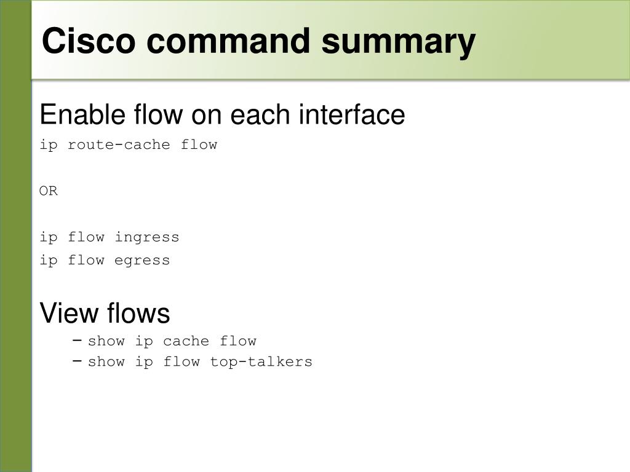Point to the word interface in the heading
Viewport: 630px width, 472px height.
click(x=353, y=115)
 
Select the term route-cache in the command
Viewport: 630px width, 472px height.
click(x=119, y=145)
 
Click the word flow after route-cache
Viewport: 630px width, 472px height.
click(x=199, y=145)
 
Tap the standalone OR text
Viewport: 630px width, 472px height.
click(x=49, y=191)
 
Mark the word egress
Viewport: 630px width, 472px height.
click(x=142, y=261)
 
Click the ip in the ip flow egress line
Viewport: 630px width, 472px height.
click(x=49, y=261)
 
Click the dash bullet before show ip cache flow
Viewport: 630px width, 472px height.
click(x=77, y=340)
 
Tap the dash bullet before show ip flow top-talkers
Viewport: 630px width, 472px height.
click(x=77, y=361)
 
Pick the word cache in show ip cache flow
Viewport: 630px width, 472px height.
click(x=186, y=341)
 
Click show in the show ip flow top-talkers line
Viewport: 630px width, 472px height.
click(x=106, y=362)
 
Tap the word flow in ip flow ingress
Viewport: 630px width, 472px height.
click(x=86, y=237)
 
